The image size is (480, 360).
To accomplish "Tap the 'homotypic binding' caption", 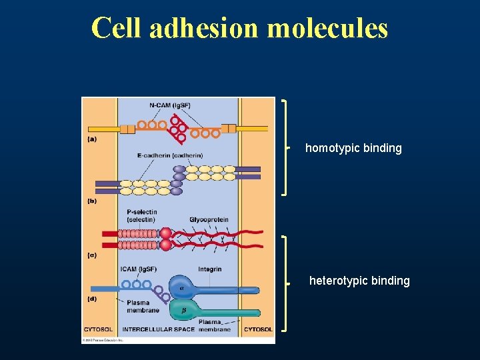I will (x=353, y=148).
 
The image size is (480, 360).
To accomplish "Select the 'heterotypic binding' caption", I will (x=359, y=281).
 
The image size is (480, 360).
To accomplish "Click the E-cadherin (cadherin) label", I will (x=170, y=155).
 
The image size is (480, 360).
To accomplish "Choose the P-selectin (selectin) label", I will (x=141, y=216).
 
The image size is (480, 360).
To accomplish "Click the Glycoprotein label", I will (x=209, y=219).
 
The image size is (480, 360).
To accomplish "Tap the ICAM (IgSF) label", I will (x=139, y=269).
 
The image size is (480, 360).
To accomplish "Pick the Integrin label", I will (x=210, y=269).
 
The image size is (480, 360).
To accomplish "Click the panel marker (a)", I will (x=91, y=139).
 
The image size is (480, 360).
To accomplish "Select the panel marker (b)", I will (x=91, y=200).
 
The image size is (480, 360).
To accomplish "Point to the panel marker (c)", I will (x=91, y=255).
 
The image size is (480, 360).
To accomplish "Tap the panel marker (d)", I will (x=91, y=299).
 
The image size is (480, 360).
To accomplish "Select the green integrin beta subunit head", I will (x=181, y=310).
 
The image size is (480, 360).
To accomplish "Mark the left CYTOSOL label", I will (x=99, y=329).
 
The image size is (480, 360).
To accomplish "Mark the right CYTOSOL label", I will (x=258, y=329).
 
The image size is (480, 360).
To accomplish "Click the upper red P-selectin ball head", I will (x=165, y=233).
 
